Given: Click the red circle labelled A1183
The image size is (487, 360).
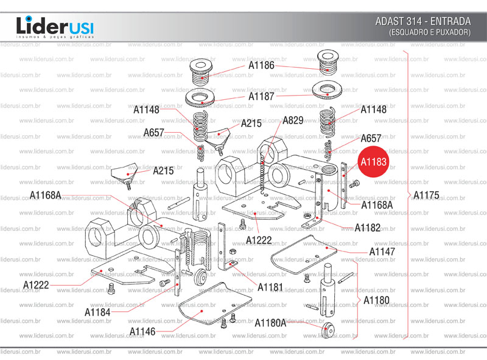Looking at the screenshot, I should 373,162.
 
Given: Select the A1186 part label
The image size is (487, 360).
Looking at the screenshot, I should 261,65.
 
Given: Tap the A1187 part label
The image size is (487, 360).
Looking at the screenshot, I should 261,96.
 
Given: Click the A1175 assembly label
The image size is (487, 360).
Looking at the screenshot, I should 426,196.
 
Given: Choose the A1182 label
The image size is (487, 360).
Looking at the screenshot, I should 368,228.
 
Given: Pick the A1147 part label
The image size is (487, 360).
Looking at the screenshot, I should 382,252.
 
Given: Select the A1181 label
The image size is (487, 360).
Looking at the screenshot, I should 270,286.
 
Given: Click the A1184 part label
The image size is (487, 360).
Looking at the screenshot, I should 97,312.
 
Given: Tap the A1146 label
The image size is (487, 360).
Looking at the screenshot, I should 142,331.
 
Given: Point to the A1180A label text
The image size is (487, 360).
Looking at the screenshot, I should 270,322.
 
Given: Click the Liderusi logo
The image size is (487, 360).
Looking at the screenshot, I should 55,27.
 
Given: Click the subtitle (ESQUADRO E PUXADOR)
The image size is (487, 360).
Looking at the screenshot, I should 430,32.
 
